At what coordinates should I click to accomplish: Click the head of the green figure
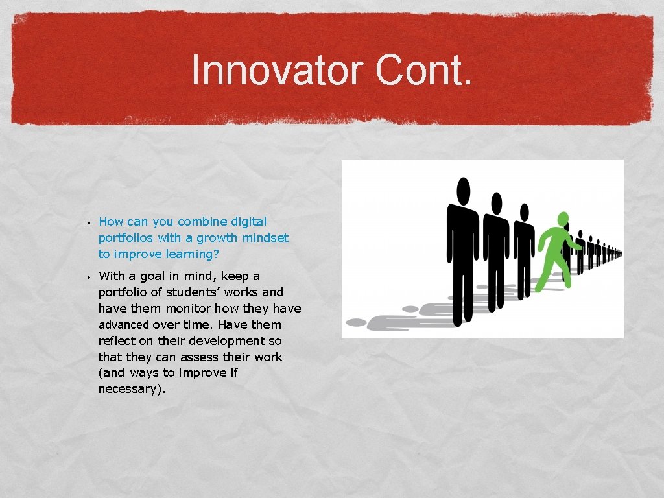pyautogui.click(x=563, y=219)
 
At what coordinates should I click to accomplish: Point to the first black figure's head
pyautogui.click(x=463, y=190)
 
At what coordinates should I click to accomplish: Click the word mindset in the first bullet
pyautogui.click(x=265, y=238)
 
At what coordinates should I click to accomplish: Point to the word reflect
pyautogui.click(x=117, y=341)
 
